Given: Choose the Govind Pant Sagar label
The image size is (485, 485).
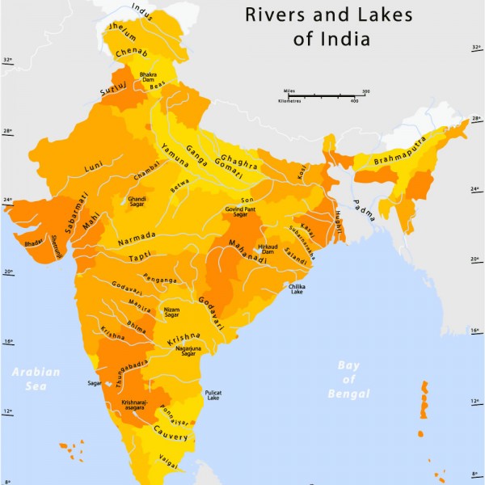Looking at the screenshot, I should pyautogui.click(x=241, y=212).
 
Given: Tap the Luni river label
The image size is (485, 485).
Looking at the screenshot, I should pyautogui.click(x=93, y=170).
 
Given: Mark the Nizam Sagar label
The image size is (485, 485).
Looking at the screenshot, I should pyautogui.click(x=171, y=312).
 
